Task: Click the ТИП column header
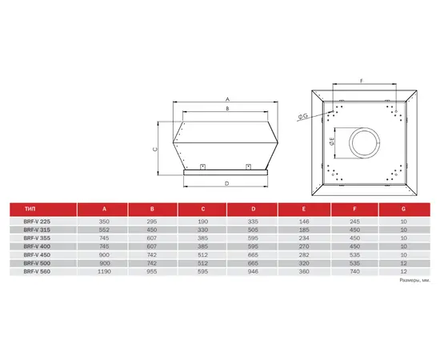pyautogui.click(x=30, y=209)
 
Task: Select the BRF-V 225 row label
pyautogui.click(x=37, y=222)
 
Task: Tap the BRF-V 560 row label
pyautogui.click(x=37, y=272)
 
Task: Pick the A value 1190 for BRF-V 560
pyautogui.click(x=104, y=272)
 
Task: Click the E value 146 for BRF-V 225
pyautogui.click(x=304, y=222)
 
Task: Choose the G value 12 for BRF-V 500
pyautogui.click(x=403, y=263)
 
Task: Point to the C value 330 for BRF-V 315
pyautogui.click(x=202, y=230)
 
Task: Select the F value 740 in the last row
pyautogui.click(x=354, y=272)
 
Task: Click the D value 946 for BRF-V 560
pyautogui.click(x=253, y=272)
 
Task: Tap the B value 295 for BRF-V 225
pyautogui.click(x=152, y=222)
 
